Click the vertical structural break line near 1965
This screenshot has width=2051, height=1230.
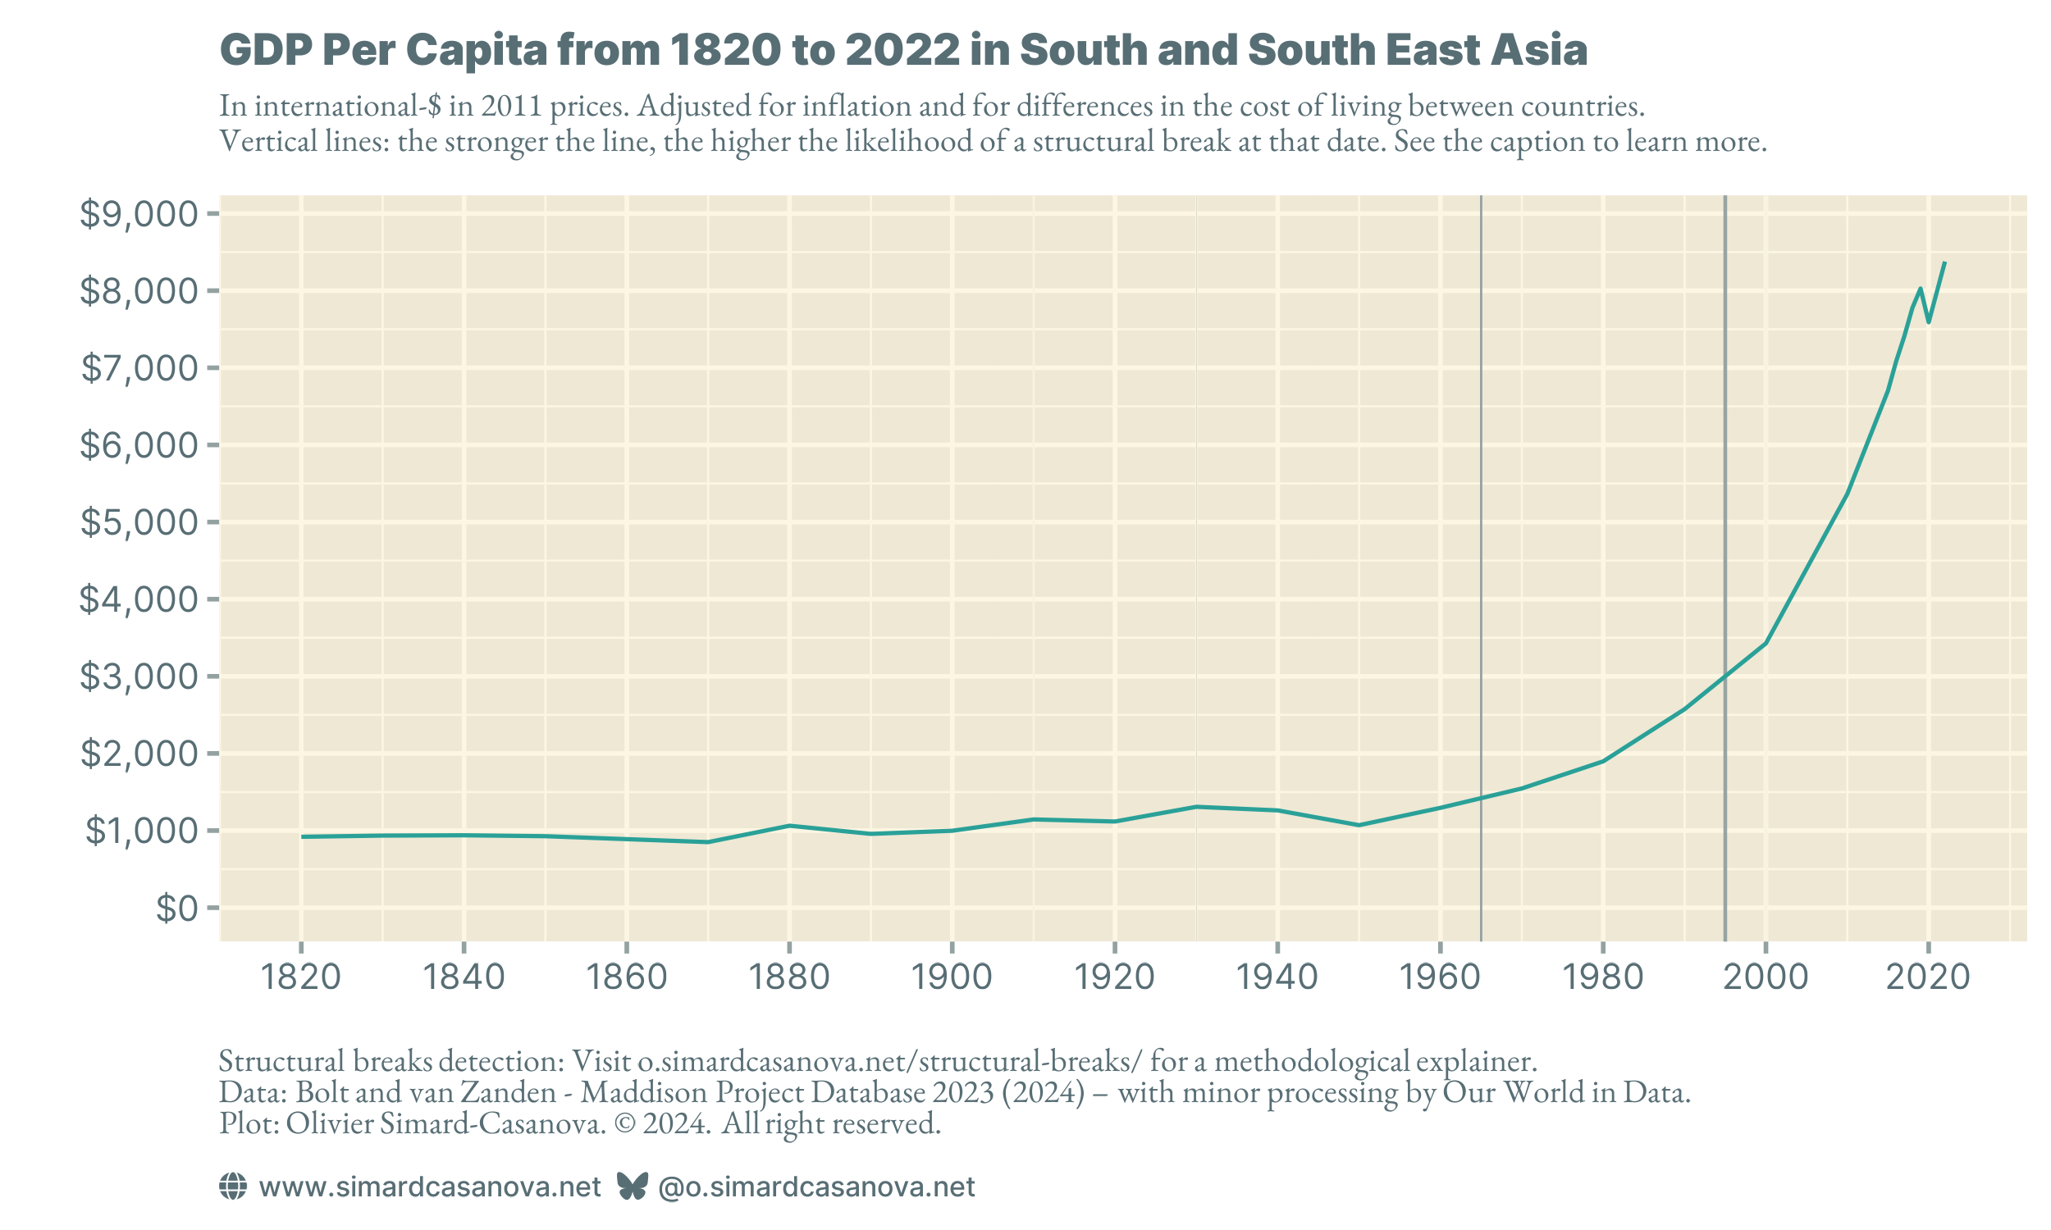click(x=1481, y=497)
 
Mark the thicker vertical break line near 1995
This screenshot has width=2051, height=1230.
click(x=1725, y=497)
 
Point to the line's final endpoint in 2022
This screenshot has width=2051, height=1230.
click(x=1945, y=262)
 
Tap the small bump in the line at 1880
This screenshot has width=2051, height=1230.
click(x=789, y=826)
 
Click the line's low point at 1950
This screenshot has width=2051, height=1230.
click(x=1359, y=825)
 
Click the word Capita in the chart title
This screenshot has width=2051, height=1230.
click(x=464, y=51)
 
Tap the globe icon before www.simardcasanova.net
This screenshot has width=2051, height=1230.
click(x=233, y=1186)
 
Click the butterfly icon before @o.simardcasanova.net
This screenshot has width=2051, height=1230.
click(x=633, y=1186)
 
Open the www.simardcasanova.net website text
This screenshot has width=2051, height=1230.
click(x=429, y=1187)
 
